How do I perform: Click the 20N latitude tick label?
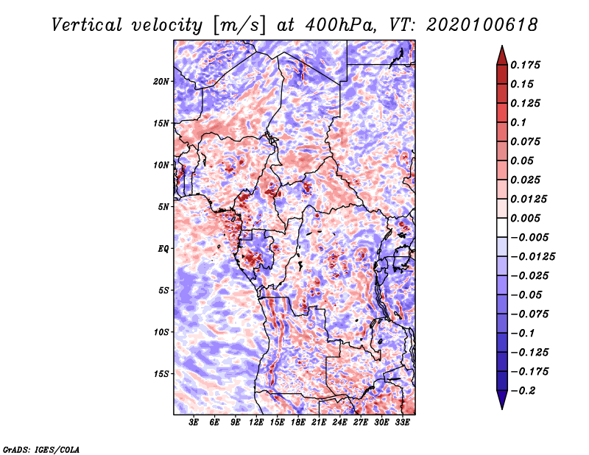161,82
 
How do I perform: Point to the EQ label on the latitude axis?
163,249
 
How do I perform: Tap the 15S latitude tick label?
161,374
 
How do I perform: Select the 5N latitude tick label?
163,207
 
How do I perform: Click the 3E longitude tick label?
194,423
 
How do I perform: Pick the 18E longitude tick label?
298,423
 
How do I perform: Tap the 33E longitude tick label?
402,423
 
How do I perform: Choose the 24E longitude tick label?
339,423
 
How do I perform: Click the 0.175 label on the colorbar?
525,65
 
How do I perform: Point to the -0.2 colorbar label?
523,391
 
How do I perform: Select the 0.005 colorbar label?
525,218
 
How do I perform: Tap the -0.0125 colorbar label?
532,257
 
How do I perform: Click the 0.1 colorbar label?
518,122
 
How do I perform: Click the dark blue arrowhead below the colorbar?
502,400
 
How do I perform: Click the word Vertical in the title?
87,25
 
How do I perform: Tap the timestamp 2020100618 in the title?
482,25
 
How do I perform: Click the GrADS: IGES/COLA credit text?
41,450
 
